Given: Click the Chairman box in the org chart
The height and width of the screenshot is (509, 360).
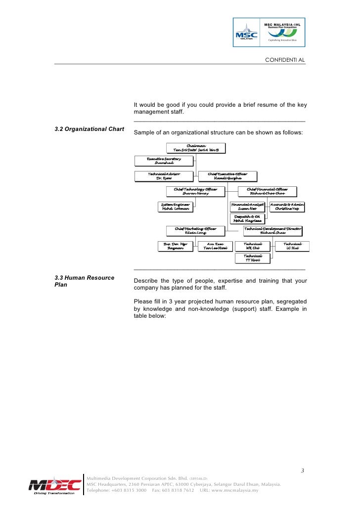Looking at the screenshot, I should point(196,148).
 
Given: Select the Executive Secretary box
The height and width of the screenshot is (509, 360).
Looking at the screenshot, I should point(164,161).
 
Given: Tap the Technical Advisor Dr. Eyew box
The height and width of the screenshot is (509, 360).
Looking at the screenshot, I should point(164,176).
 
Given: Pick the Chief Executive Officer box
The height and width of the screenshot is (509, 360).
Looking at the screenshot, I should point(227,176).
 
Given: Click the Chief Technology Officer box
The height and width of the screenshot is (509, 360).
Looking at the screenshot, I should point(196,192).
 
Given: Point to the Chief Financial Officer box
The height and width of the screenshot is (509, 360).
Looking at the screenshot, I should point(267,192).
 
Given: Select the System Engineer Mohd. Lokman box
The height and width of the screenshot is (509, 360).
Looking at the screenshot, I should point(175,207).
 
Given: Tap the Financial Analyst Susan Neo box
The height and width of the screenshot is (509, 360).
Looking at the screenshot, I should point(248,207).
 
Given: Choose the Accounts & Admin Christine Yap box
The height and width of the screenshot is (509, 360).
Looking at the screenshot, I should point(287,207).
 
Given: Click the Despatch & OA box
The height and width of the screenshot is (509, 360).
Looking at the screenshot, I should point(247,219).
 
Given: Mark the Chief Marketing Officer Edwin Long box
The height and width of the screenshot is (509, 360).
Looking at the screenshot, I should point(196,231).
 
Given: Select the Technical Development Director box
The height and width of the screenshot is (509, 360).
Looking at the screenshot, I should point(272,231).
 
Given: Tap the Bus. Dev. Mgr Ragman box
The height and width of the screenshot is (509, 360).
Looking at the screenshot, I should point(176,246).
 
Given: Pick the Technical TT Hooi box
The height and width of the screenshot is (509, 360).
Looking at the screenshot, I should point(252,258).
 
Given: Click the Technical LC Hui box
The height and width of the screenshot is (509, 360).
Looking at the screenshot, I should point(293,246).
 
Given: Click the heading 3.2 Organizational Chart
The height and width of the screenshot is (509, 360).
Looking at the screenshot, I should point(89,129).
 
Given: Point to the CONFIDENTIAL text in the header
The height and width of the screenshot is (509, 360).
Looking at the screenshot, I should point(285,60).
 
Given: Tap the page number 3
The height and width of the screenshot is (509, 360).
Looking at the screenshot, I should point(302,470).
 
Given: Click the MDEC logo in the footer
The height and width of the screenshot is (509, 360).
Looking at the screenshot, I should point(54,486).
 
